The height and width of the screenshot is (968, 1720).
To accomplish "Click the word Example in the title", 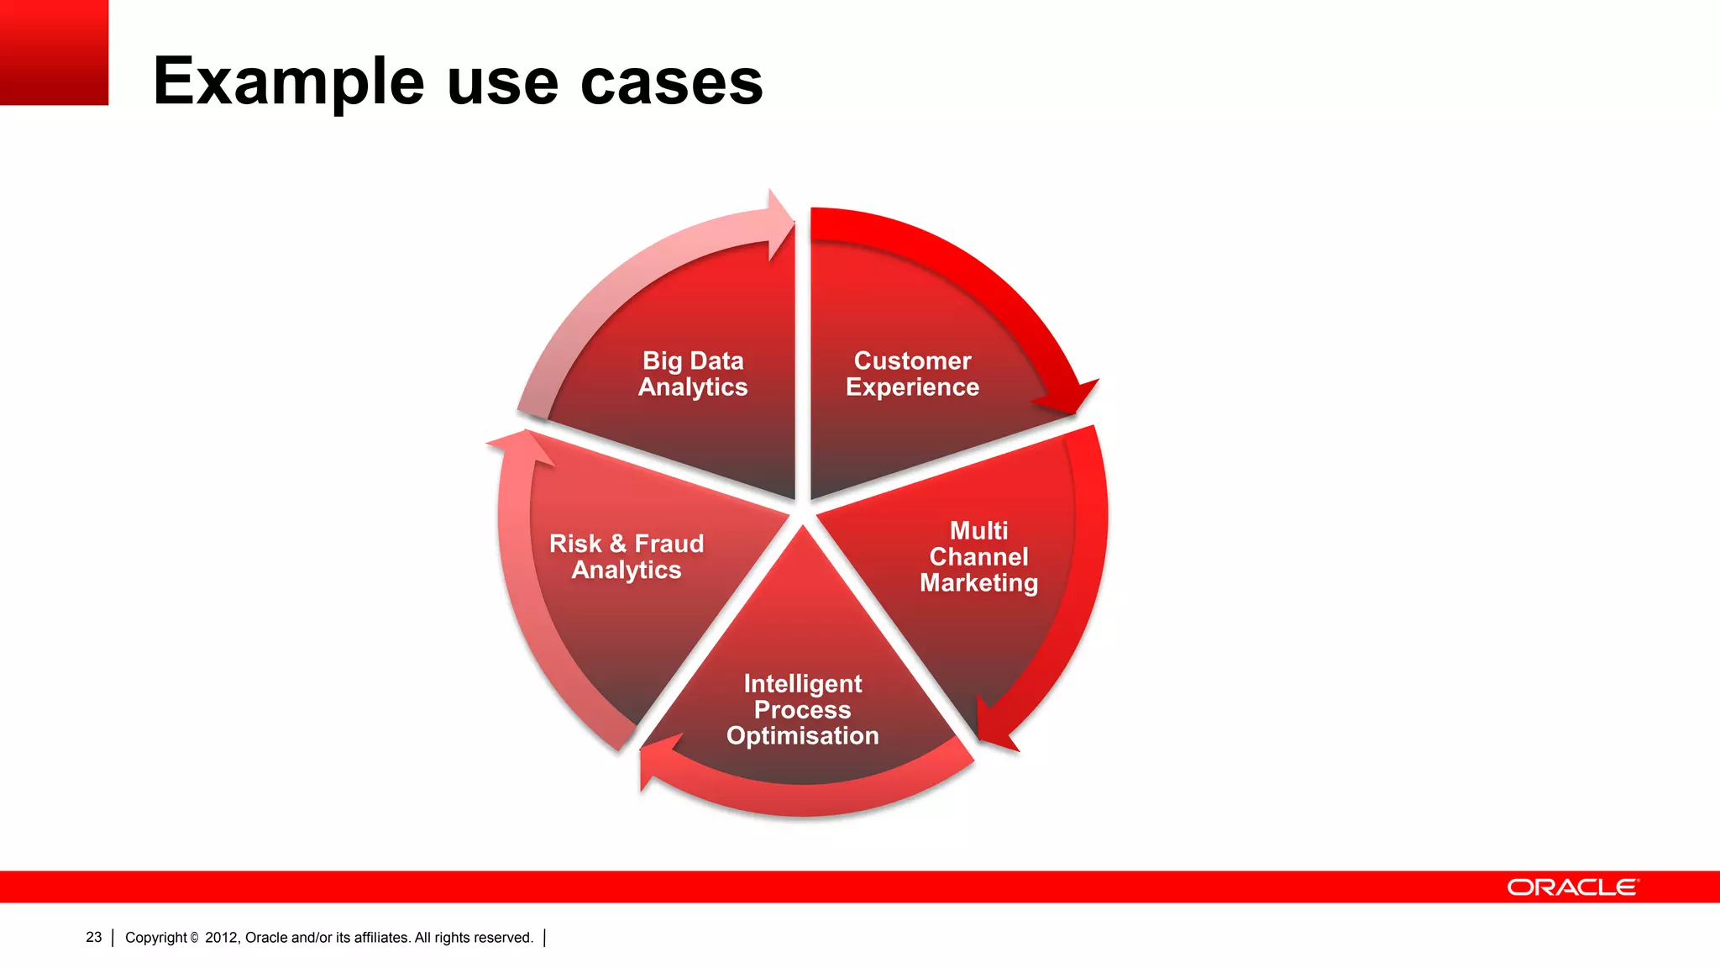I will (288, 82).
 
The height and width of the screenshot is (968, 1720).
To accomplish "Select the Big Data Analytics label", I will (693, 374).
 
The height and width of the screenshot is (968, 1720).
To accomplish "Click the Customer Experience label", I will (912, 374).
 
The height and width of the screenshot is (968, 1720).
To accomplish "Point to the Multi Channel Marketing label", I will (978, 556).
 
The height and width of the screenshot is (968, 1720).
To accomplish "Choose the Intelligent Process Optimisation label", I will (802, 709).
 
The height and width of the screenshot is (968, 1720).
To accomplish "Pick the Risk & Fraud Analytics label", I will (627, 556).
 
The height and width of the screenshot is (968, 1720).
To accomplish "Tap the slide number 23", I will (93, 937).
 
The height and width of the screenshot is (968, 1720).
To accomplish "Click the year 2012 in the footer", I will (222, 938).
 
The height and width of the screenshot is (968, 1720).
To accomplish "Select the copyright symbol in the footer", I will (194, 938).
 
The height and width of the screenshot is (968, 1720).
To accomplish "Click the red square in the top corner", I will (54, 52).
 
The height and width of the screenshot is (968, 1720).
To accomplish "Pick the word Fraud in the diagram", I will (669, 544).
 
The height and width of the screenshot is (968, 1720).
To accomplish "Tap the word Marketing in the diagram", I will (978, 583).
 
